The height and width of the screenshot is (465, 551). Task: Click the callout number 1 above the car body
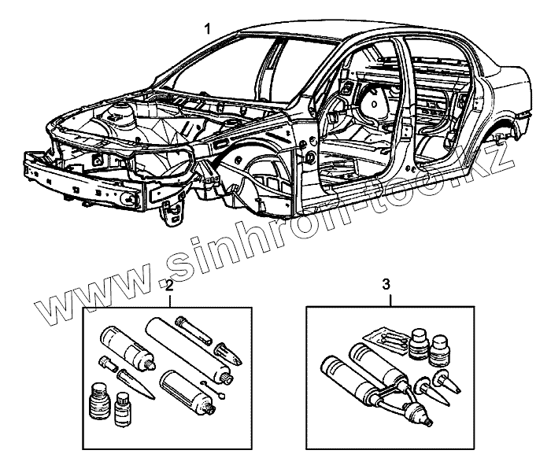pyautogui.click(x=207, y=29)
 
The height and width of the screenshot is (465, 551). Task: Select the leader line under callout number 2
pyautogui.click(x=169, y=299)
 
